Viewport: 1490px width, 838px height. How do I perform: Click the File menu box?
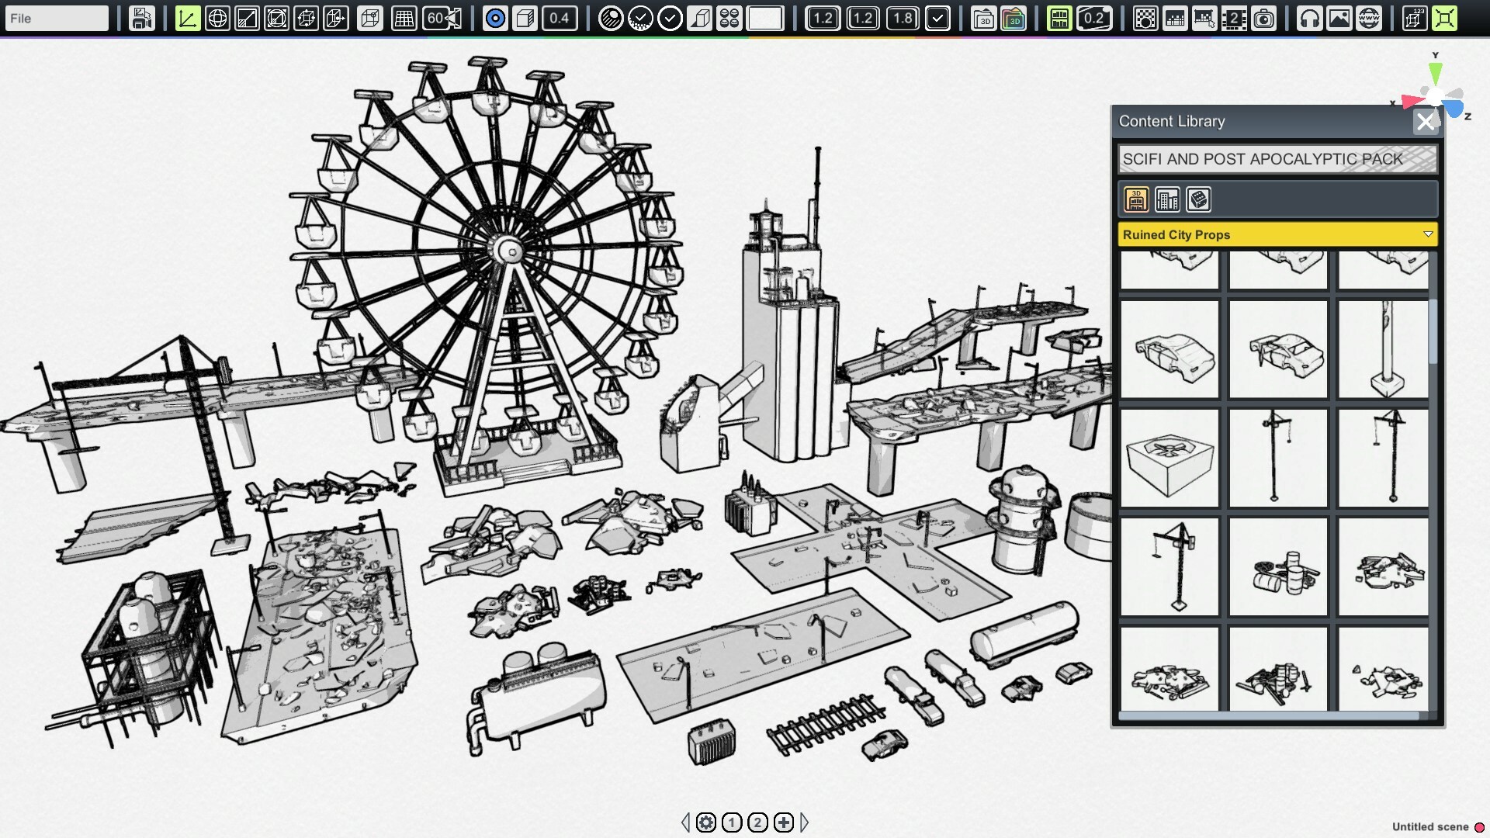[x=56, y=18]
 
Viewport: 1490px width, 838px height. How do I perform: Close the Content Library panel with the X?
[x=1425, y=122]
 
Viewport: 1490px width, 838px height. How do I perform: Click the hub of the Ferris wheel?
[x=511, y=251]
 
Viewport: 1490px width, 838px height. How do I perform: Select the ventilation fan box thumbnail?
[x=1169, y=458]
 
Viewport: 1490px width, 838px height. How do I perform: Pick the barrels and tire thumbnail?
[x=1278, y=567]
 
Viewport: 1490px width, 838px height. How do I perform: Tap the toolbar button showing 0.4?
[x=559, y=18]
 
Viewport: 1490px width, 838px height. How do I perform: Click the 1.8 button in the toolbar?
[x=902, y=18]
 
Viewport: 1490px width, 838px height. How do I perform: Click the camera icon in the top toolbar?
[x=1264, y=18]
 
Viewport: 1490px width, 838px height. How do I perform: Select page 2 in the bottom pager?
[x=757, y=822]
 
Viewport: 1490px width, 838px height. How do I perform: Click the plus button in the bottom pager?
[x=784, y=822]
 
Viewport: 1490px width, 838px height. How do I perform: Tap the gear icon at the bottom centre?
[x=705, y=822]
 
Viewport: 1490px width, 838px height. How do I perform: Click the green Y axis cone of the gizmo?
[x=1436, y=73]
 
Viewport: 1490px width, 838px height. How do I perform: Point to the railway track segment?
[x=825, y=725]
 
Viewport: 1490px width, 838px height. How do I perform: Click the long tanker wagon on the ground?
[x=1024, y=633]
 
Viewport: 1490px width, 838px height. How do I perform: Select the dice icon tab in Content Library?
[x=1198, y=199]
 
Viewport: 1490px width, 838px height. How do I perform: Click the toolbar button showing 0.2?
[x=1093, y=18]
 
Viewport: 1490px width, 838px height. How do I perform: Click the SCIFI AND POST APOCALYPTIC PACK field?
[x=1277, y=159]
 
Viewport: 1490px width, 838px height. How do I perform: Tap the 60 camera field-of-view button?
[x=442, y=18]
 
